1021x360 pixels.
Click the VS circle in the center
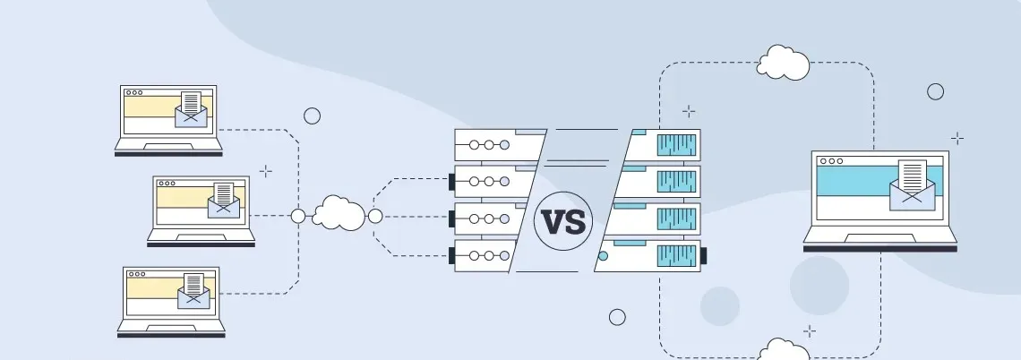(x=563, y=220)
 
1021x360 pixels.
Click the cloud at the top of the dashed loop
(x=784, y=64)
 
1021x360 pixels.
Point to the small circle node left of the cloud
(x=298, y=216)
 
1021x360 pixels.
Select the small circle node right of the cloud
(x=375, y=216)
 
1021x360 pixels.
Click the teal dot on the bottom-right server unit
(x=603, y=256)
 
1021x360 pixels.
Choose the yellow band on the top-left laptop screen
(x=150, y=107)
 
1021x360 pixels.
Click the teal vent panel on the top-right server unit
(x=678, y=144)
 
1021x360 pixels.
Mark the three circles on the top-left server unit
(x=489, y=144)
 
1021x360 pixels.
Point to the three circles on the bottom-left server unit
(x=489, y=256)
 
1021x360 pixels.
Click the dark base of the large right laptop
(x=879, y=247)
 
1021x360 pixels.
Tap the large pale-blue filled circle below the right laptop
(x=819, y=286)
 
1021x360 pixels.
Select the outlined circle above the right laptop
(x=935, y=91)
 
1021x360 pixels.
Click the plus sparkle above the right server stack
(x=688, y=111)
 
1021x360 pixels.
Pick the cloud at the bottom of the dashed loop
(x=783, y=349)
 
